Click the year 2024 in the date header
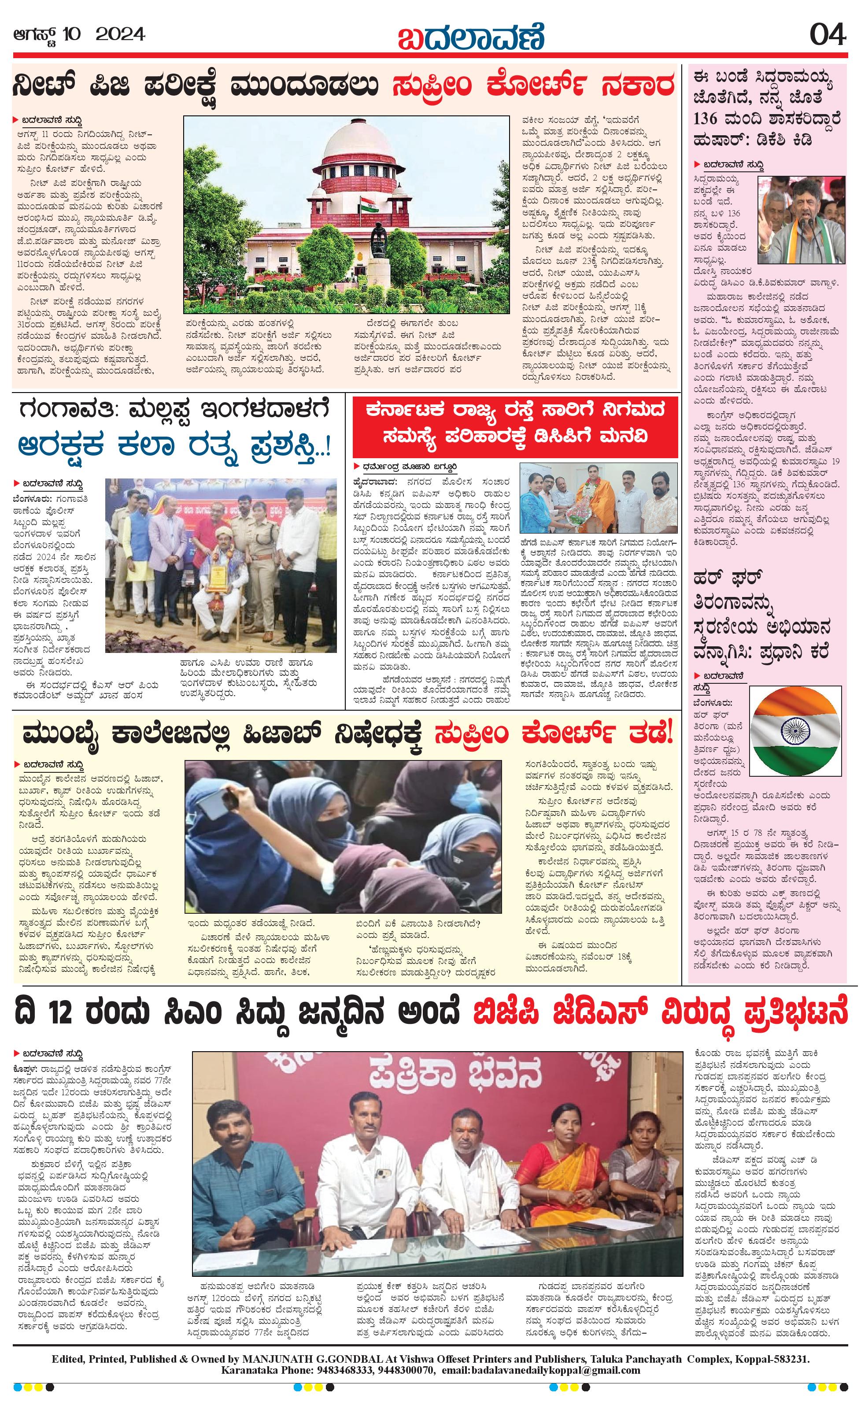pyautogui.click(x=120, y=35)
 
